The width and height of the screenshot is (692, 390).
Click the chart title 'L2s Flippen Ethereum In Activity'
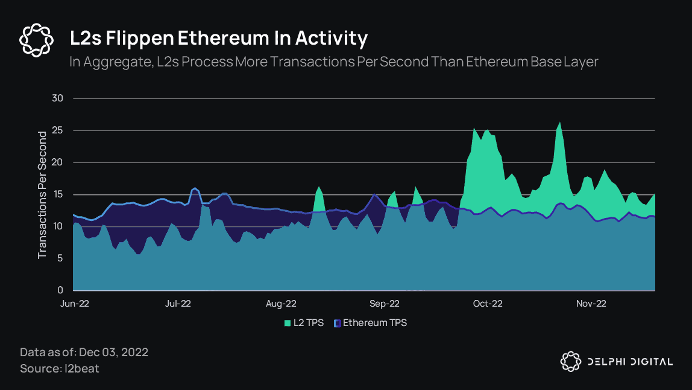tap(218, 39)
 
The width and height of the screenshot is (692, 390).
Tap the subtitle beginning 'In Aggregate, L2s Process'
tap(333, 62)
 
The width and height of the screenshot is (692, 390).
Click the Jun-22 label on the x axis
tap(75, 304)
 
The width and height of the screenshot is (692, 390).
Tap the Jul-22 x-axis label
tap(178, 304)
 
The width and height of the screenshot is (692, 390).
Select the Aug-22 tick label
tap(281, 304)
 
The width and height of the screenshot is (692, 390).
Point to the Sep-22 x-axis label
tap(385, 304)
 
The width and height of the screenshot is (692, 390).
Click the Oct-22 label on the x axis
tap(488, 304)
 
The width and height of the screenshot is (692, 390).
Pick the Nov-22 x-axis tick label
tap(591, 304)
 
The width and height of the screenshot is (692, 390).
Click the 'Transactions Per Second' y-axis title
tap(42, 194)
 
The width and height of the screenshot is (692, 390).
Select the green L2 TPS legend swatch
tap(288, 323)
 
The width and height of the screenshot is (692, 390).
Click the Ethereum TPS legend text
tap(375, 323)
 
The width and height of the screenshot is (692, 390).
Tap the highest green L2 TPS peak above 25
tap(559, 123)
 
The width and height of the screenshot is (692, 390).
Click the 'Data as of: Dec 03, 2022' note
tap(84, 352)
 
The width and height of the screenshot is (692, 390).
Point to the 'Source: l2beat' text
tap(59, 368)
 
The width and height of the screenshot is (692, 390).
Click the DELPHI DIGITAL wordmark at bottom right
tap(630, 362)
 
